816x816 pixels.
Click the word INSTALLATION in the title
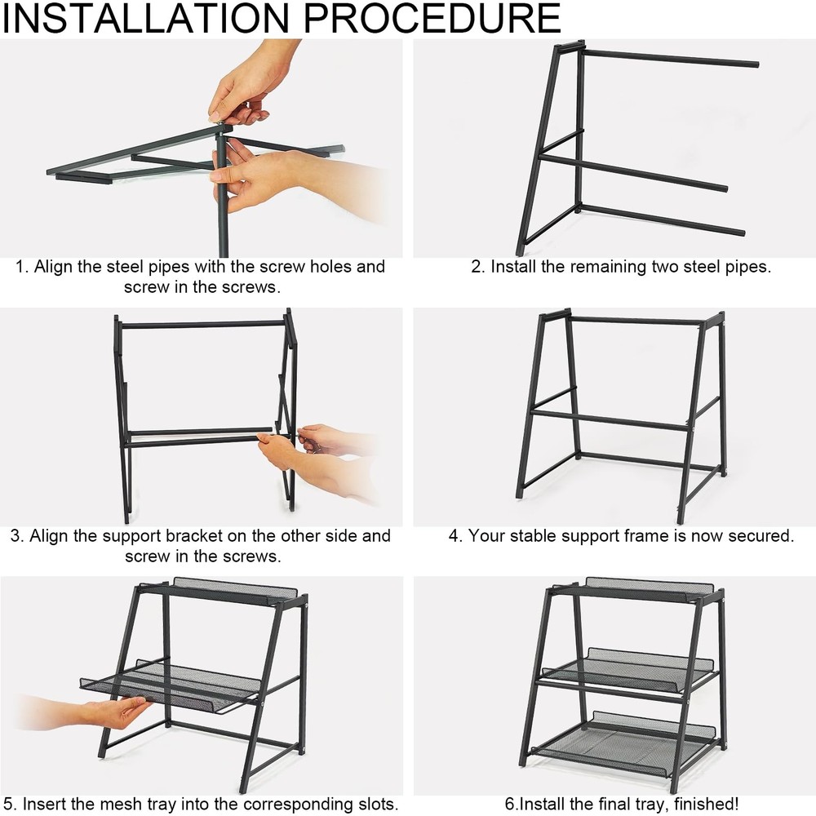point(147,18)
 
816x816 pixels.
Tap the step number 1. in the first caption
point(22,267)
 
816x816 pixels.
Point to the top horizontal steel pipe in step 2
point(670,58)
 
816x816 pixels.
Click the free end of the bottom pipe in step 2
point(742,232)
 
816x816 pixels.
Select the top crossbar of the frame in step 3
point(203,324)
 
